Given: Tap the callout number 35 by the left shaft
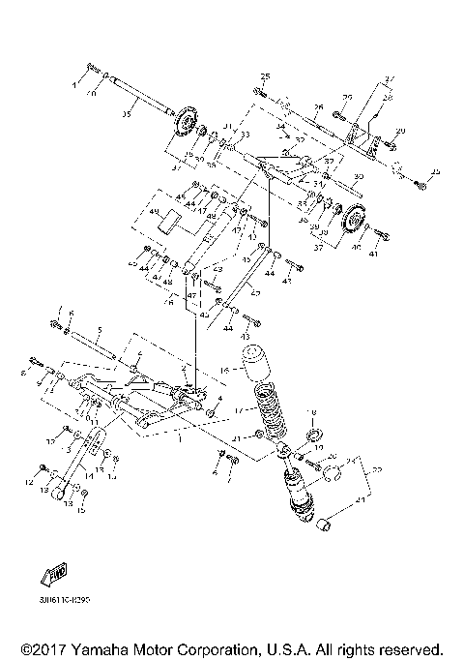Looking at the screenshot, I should (125, 114).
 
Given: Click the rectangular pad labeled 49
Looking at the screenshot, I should (170, 222).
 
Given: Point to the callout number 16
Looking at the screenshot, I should (225, 369).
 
